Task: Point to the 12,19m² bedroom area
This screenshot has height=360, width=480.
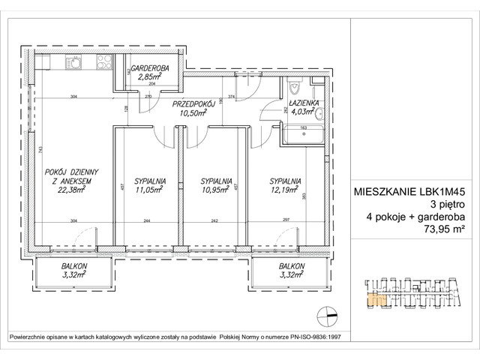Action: click(286, 190)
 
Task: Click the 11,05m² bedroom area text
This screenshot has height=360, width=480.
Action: click(149, 190)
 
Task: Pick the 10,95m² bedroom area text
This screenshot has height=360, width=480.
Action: click(215, 190)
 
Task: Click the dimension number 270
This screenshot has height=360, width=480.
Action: click(148, 97)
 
